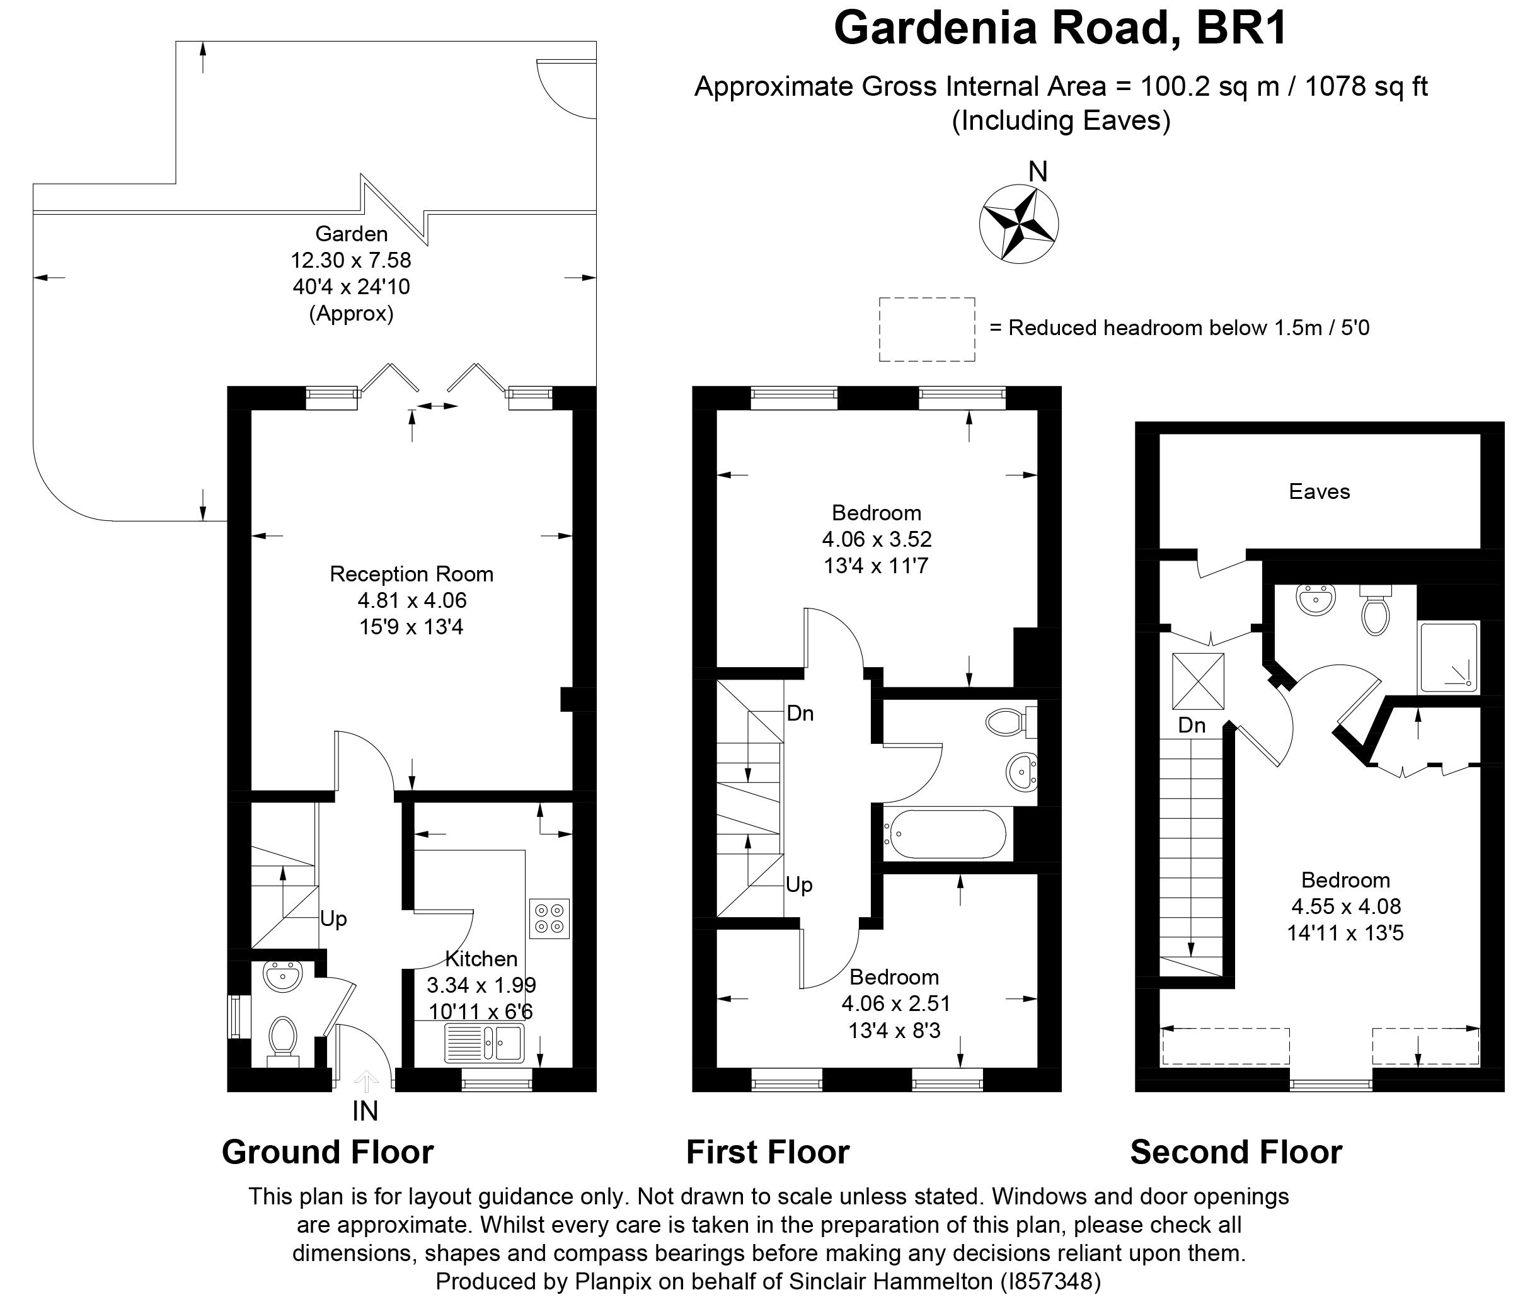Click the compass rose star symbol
1018,224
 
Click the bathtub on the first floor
947,834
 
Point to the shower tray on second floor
1448,658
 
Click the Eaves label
1319,491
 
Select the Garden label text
352,234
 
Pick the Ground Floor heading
327,1152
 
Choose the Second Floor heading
1235,1152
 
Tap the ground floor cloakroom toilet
282,1036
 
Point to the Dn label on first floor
800,713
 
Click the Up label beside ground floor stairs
333,919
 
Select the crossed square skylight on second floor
1198,680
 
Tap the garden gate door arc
565,89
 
